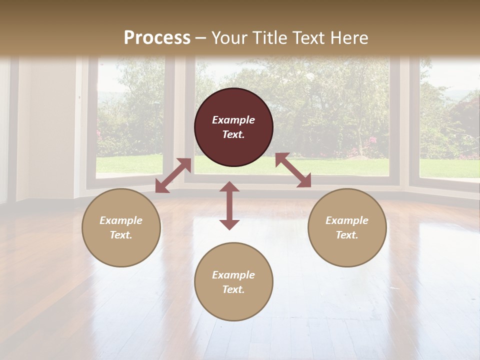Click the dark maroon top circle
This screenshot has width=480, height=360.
click(x=233, y=127)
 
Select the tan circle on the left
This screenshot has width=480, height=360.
click(x=121, y=228)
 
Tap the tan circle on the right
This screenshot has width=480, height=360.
click(x=347, y=228)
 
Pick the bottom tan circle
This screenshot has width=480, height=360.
click(x=233, y=282)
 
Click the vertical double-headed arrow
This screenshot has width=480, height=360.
click(x=229, y=205)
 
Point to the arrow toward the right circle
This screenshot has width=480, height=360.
click(x=293, y=170)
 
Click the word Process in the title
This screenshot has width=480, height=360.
click(x=157, y=38)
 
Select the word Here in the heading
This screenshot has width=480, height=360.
click(x=351, y=38)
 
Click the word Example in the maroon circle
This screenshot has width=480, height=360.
click(x=233, y=120)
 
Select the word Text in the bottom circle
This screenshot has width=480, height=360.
click(x=233, y=289)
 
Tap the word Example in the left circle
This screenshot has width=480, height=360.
click(x=121, y=220)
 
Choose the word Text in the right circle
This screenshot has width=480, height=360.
click(x=346, y=235)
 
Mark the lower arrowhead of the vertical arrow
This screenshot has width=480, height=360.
click(x=229, y=224)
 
